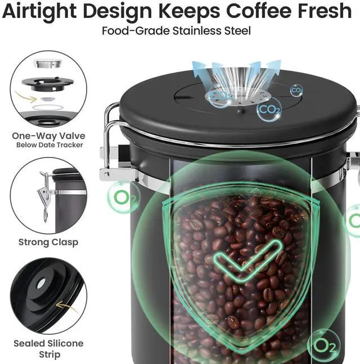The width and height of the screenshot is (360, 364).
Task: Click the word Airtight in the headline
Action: pos(39,11)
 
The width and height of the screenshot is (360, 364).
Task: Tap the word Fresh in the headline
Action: pos(325,11)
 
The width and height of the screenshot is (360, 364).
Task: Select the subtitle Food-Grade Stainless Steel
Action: pos(177,31)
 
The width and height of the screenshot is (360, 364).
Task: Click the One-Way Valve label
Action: pos(48,136)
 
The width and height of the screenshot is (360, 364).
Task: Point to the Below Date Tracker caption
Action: pos(49,145)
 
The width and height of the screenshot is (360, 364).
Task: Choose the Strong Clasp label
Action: pos(48,242)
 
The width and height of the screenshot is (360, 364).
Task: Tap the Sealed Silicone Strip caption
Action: pos(48,349)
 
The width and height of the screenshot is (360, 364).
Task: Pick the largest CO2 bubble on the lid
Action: pos(269,110)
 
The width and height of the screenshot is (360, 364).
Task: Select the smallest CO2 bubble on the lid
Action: pos(296,90)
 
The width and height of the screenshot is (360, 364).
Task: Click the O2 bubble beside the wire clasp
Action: pos(124,197)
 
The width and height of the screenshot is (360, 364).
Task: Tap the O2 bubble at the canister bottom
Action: pos(324,346)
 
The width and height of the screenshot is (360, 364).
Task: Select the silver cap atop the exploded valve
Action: pos(48,64)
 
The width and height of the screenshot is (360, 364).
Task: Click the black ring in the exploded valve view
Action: pos(48,84)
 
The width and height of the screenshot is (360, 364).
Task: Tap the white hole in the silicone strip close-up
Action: pos(41,283)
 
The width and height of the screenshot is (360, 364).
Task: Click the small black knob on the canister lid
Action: pos(241,110)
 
